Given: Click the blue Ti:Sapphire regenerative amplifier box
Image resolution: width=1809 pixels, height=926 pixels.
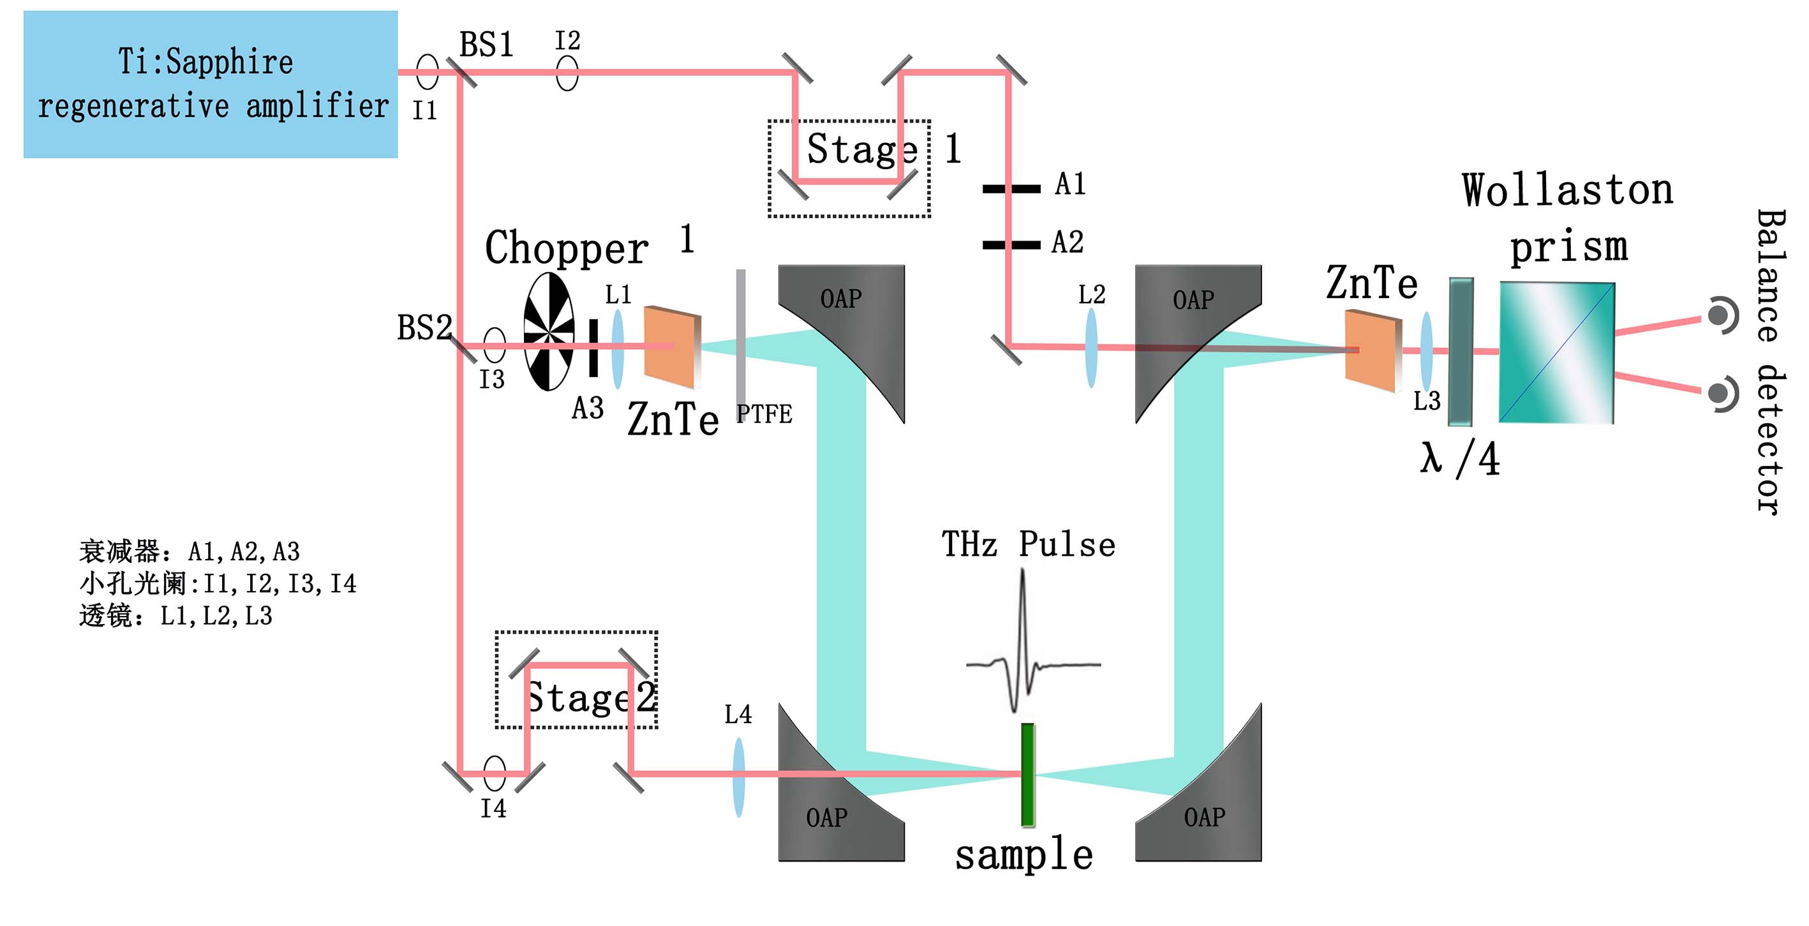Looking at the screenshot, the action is [x=211, y=84].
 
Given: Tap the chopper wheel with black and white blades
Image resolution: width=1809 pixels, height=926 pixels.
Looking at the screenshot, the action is [x=549, y=332].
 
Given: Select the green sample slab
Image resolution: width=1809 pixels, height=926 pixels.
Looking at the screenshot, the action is [x=1027, y=774].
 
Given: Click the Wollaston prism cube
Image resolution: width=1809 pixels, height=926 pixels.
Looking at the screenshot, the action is [x=1557, y=353].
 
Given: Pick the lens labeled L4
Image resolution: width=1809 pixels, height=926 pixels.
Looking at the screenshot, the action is [x=739, y=777].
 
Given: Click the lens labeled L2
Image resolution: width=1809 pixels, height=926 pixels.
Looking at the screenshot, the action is [x=1091, y=348].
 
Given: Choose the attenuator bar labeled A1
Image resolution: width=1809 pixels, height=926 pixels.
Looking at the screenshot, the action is [x=1011, y=188].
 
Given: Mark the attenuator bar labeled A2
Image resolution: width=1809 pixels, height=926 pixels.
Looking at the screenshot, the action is [x=1011, y=244].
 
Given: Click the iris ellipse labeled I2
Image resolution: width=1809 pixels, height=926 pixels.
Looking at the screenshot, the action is [x=567, y=72].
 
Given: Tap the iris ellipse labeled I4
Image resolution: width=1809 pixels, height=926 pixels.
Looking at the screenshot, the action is [x=495, y=773].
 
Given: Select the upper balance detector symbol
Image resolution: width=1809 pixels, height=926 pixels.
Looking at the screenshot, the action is [x=1722, y=315].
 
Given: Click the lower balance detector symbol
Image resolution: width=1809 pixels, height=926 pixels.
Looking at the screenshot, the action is [x=1722, y=394].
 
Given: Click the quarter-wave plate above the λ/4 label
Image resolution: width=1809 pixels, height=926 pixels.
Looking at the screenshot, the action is [x=1461, y=351].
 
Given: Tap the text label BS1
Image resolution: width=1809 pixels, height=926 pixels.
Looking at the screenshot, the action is [x=486, y=45].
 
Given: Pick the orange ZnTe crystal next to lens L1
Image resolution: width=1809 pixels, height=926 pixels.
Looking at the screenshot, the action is [x=672, y=347].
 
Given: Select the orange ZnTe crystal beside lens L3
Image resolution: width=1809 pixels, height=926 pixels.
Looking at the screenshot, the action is [x=1374, y=350].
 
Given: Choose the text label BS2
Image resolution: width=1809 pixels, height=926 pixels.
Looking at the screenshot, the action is [x=424, y=327].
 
